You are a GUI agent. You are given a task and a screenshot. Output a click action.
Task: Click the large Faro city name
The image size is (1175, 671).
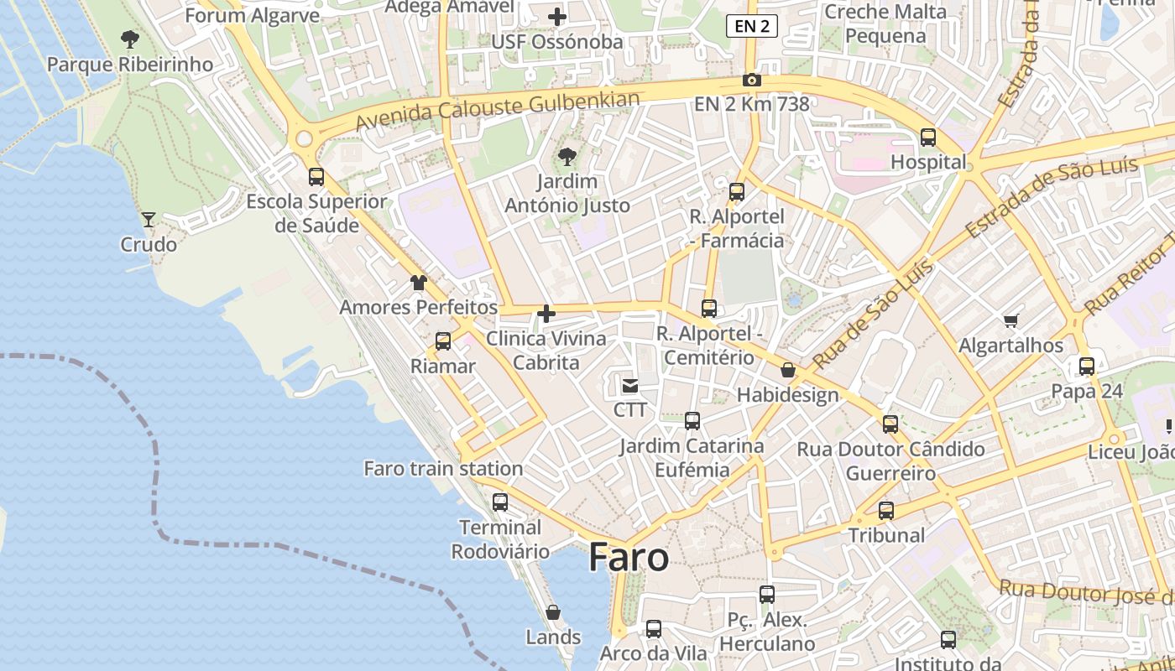629,558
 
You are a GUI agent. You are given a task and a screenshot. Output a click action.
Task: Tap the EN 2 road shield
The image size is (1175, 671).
751,26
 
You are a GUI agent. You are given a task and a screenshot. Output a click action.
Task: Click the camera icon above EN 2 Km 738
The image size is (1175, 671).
752,81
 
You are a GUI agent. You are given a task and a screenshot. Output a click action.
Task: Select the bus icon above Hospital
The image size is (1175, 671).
928,138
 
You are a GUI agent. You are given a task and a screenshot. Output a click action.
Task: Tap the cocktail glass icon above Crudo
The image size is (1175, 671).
149,220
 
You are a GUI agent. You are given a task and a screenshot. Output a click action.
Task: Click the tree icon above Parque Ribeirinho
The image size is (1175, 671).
129,39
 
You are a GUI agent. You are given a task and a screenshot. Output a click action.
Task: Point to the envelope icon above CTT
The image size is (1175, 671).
629,386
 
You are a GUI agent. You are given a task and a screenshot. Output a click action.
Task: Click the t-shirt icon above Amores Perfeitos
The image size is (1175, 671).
419,283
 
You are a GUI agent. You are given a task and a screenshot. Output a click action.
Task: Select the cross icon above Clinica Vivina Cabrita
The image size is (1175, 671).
546,315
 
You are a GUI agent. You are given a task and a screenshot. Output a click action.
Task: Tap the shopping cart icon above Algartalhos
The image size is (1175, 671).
1011,320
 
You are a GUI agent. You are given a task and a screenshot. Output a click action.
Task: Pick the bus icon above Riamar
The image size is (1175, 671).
443,341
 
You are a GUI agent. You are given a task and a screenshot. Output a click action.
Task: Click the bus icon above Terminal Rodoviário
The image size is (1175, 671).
500,502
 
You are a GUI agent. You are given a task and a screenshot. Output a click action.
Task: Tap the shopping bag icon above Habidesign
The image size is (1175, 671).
788,370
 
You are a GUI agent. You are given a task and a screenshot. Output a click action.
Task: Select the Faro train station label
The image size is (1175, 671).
443,469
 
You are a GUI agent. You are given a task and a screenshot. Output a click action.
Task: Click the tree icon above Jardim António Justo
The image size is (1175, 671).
567,156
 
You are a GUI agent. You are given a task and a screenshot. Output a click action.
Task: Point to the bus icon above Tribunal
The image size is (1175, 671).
886,510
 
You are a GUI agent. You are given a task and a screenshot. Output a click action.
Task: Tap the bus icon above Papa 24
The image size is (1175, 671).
1087,367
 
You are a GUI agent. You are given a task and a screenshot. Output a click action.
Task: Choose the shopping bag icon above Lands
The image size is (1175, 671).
553,612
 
